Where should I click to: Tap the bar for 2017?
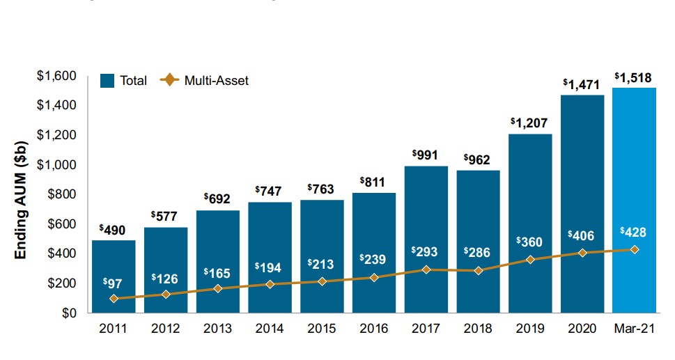tap(426, 223)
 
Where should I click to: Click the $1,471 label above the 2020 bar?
tap(582, 84)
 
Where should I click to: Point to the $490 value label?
tap(113, 229)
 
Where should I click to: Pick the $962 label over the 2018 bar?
tap(478, 159)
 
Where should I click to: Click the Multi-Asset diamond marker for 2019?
tap(531, 259)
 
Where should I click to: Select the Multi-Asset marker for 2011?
tap(114, 298)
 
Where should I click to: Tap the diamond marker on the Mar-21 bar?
tap(634, 249)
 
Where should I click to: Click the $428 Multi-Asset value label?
tap(634, 232)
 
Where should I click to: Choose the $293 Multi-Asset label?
tap(426, 251)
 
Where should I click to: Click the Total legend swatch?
tap(108, 80)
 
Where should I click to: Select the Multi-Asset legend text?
tap(216, 80)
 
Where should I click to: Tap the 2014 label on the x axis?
tap(270, 328)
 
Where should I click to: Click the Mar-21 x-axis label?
tap(634, 328)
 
